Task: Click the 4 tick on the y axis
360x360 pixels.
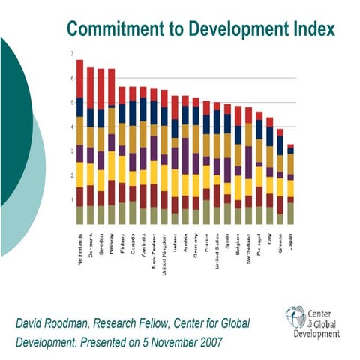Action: [x=71, y=127]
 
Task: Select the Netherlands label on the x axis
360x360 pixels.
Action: [x=79, y=250]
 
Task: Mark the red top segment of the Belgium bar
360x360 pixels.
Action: [x=238, y=115]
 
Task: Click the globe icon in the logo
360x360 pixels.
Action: [x=293, y=317]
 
